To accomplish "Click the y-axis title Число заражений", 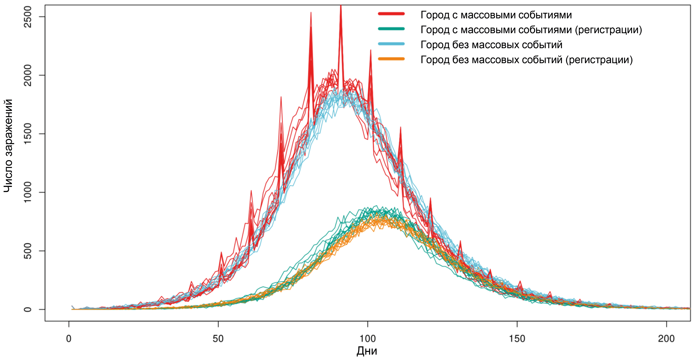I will click(x=8, y=146).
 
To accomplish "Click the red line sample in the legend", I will click(x=391, y=14).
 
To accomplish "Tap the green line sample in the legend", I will click(x=391, y=29).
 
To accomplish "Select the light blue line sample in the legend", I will click(x=391, y=44).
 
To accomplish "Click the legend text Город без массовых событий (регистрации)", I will click(x=526, y=60).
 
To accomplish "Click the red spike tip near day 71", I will click(x=281, y=97).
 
